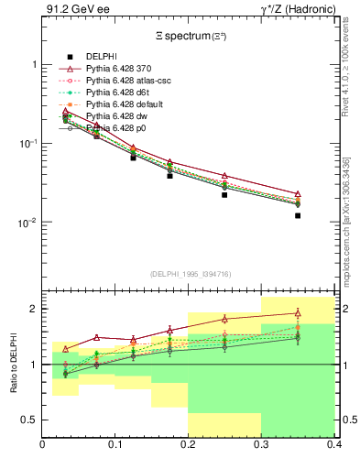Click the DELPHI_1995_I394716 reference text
189,273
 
